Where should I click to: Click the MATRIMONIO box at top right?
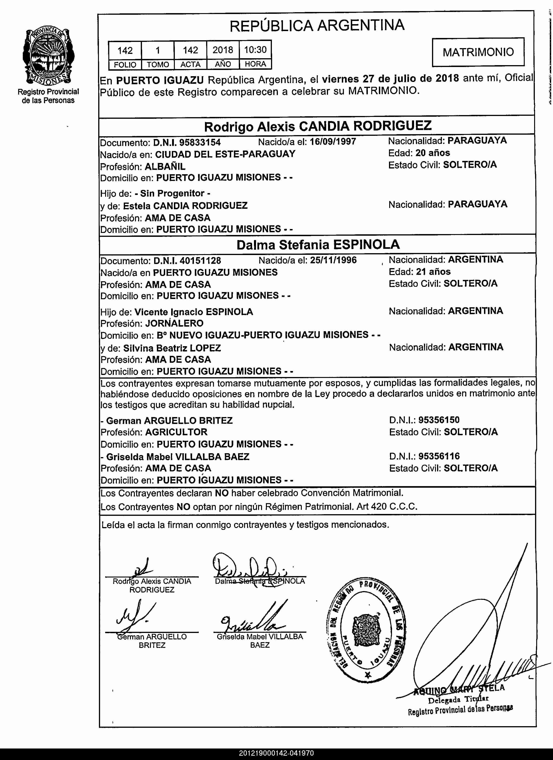coord(478,52)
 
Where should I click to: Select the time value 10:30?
coord(255,50)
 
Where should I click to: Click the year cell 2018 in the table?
coord(223,50)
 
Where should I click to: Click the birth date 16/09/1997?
coord(333,141)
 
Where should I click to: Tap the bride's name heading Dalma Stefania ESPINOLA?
coord(318,245)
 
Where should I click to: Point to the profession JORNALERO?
coord(174,323)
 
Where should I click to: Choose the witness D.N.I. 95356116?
coord(439,456)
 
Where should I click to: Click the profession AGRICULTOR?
coord(176,432)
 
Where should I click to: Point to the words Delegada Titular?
coord(458,700)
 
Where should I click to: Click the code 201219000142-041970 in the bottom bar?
coord(276,753)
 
